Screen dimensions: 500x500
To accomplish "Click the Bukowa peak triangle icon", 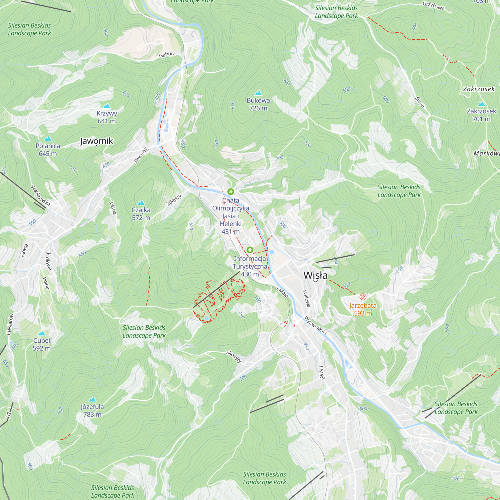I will [258, 93].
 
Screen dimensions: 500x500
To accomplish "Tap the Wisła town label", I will [315, 275].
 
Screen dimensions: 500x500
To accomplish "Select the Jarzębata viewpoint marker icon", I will [363, 297].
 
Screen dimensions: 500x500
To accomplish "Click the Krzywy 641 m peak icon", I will [107, 106].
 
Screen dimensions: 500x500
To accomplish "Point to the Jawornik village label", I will [96, 141].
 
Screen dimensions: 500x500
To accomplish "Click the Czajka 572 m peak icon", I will [141, 203].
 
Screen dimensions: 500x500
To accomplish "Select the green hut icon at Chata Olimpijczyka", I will [230, 192].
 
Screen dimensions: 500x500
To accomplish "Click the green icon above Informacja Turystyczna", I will [250, 250].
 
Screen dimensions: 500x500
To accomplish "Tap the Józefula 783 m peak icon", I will [92, 399].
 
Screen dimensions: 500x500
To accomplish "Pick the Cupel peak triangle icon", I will [42, 333].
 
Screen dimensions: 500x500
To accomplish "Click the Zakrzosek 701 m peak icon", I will [481, 104].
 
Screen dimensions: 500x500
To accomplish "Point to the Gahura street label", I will [167, 54].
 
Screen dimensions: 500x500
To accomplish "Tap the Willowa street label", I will [306, 299].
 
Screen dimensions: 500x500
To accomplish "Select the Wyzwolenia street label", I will [315, 325].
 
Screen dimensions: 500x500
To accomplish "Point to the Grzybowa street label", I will [433, 6].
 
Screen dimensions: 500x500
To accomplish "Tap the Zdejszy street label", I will [174, 200].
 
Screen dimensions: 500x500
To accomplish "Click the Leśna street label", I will [113, 208].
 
